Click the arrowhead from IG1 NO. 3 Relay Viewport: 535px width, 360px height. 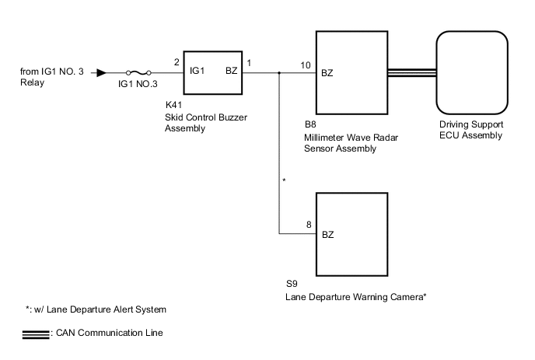[100, 74]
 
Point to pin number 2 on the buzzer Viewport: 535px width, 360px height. [177, 62]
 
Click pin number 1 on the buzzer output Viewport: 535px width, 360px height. [248, 62]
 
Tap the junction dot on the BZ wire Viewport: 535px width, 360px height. [279, 75]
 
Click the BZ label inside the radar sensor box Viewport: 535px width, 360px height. [327, 73]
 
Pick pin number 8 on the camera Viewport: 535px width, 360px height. [309, 224]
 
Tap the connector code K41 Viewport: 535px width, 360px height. [174, 104]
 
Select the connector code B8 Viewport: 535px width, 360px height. [310, 124]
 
